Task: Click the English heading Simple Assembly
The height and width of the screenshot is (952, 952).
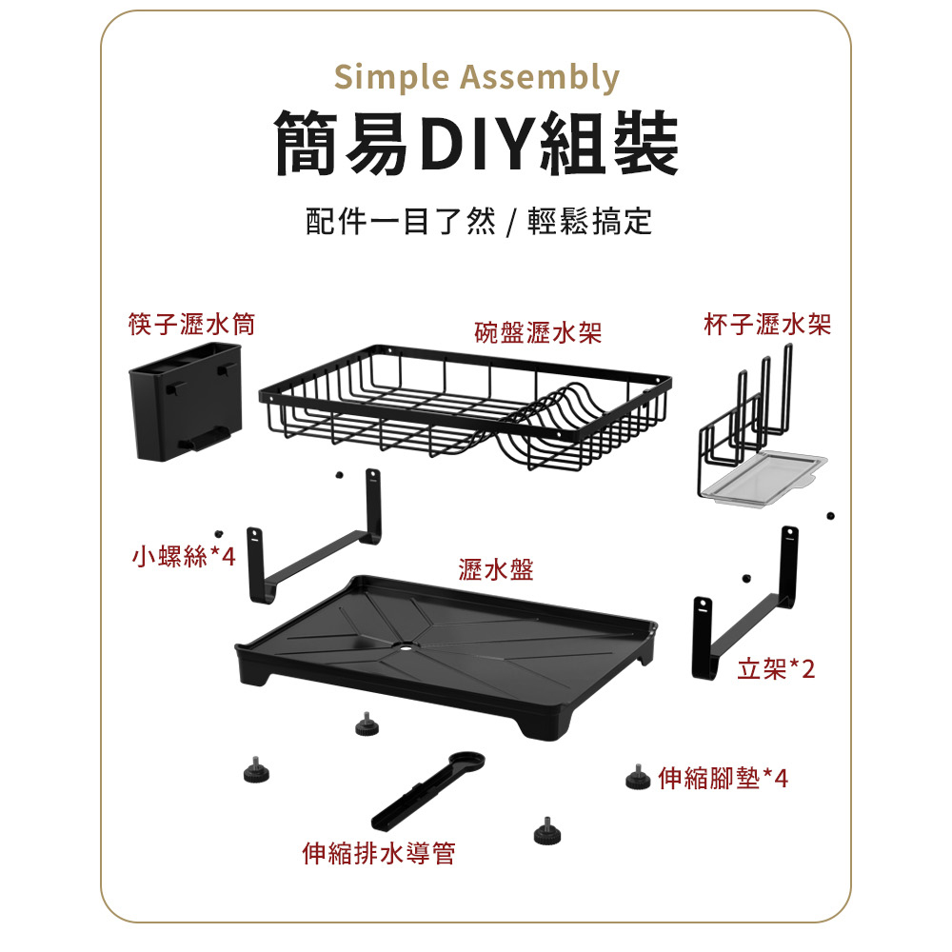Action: (x=476, y=77)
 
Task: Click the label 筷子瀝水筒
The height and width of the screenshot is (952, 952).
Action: (x=191, y=326)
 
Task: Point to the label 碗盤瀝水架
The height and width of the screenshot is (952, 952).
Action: (x=539, y=332)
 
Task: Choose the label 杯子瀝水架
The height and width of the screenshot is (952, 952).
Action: (x=767, y=326)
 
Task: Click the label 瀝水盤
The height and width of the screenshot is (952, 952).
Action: (x=495, y=570)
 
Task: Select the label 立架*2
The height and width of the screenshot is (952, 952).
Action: (x=777, y=669)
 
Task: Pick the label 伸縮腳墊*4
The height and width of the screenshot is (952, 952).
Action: (x=724, y=779)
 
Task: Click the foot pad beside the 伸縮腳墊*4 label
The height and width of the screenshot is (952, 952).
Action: (x=636, y=778)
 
